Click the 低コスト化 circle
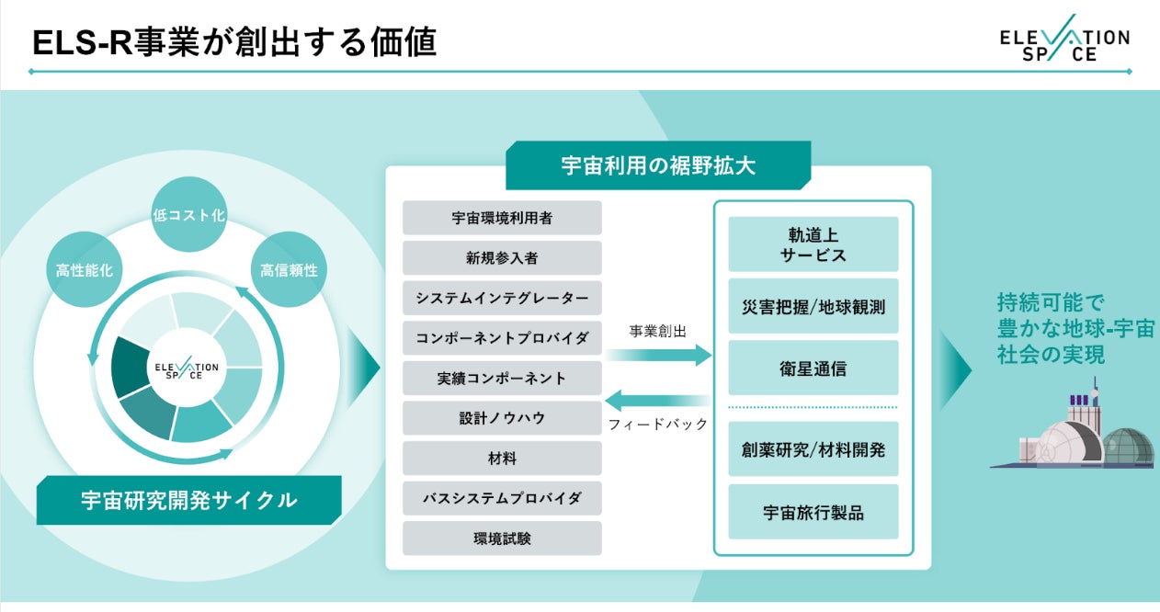(x=188, y=215)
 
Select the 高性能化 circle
(x=83, y=271)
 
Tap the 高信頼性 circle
(x=289, y=271)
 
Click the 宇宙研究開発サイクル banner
(x=188, y=501)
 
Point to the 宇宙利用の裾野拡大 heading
(x=658, y=165)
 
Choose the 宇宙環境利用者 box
(x=502, y=218)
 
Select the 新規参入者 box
(x=502, y=258)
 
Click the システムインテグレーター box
(x=502, y=298)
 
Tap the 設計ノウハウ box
(x=502, y=418)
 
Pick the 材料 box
(x=502, y=458)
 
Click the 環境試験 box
(x=502, y=538)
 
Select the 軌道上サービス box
(x=813, y=244)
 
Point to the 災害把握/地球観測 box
(x=813, y=306)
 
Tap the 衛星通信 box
(x=813, y=368)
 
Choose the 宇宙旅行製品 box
(x=813, y=512)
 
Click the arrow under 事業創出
(x=658, y=355)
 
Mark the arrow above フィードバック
(x=658, y=400)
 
